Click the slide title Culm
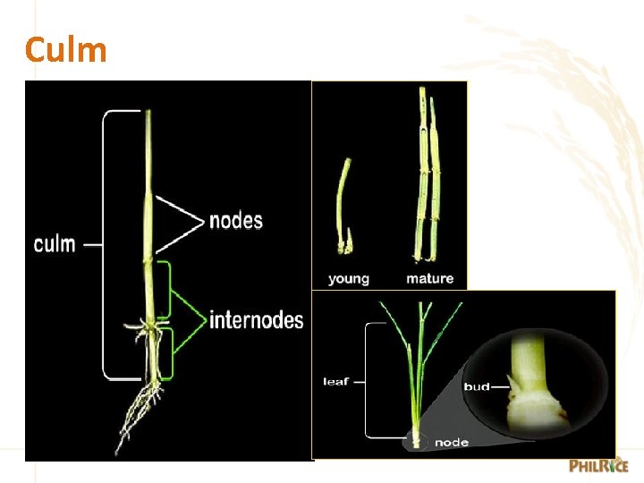66,50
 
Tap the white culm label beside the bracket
55,243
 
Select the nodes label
235,220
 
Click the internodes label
256,319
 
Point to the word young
349,279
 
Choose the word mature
429,279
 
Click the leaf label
337,382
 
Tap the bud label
477,386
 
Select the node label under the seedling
452,443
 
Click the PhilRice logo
598,466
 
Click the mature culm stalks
427,179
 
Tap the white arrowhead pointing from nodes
183,220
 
